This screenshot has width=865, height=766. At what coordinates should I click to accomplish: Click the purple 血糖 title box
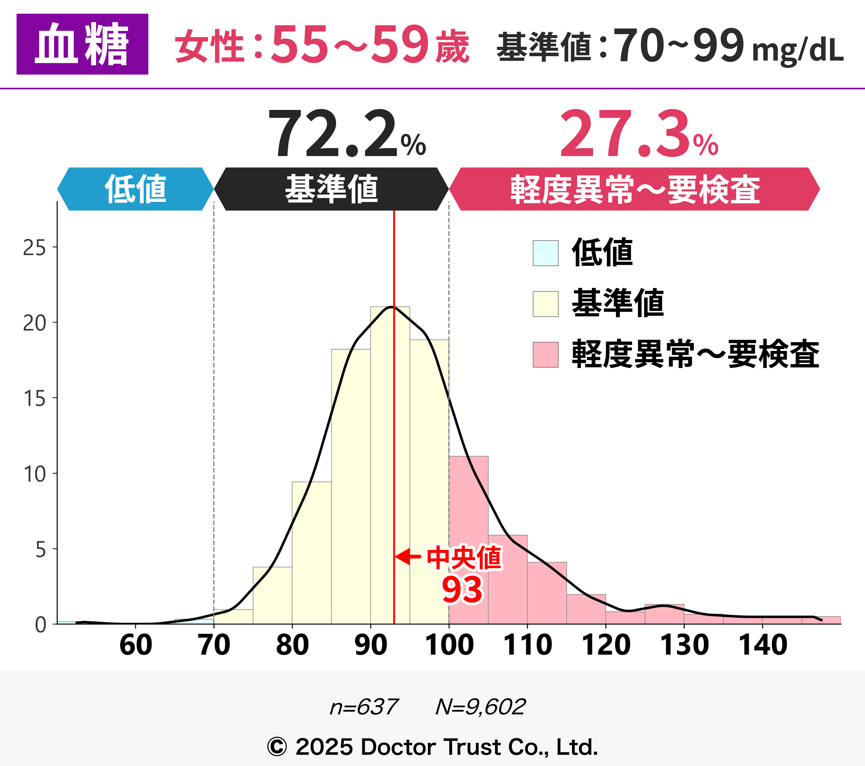click(x=82, y=44)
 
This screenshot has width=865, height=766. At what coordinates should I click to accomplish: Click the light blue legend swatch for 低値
click(x=546, y=253)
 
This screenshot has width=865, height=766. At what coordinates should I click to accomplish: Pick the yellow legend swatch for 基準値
click(x=546, y=304)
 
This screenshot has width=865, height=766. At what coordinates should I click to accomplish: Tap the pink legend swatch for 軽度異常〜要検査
click(x=546, y=354)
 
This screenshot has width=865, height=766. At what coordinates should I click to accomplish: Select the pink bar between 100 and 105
click(x=469, y=541)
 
